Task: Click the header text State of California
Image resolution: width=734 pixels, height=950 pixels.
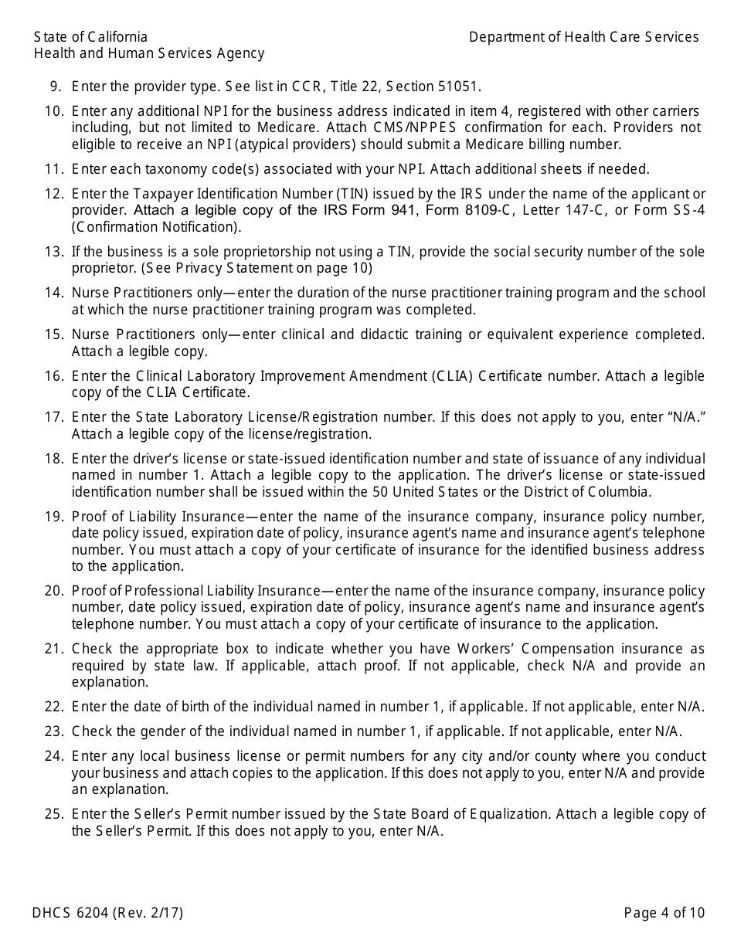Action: (90, 37)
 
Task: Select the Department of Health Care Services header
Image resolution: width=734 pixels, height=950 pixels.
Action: (583, 37)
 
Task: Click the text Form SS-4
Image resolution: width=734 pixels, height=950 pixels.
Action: (669, 210)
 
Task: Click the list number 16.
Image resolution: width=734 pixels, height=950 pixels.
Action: (53, 376)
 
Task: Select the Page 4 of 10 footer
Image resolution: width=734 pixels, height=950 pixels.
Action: (664, 913)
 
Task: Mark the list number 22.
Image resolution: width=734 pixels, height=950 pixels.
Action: (53, 707)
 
